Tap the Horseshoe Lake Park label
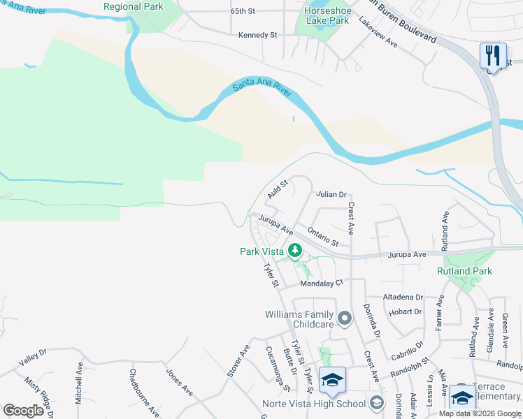tap(327, 16)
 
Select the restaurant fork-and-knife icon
tap(493, 54)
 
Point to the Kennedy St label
tap(258, 35)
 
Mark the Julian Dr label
tap(331, 194)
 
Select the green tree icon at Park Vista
tap(296, 250)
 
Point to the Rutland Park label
tap(464, 271)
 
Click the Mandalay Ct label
tap(322, 284)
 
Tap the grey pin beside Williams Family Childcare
tap(344, 319)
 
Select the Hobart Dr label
tap(406, 311)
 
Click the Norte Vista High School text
tap(314, 404)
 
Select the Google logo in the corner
tap(23, 411)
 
